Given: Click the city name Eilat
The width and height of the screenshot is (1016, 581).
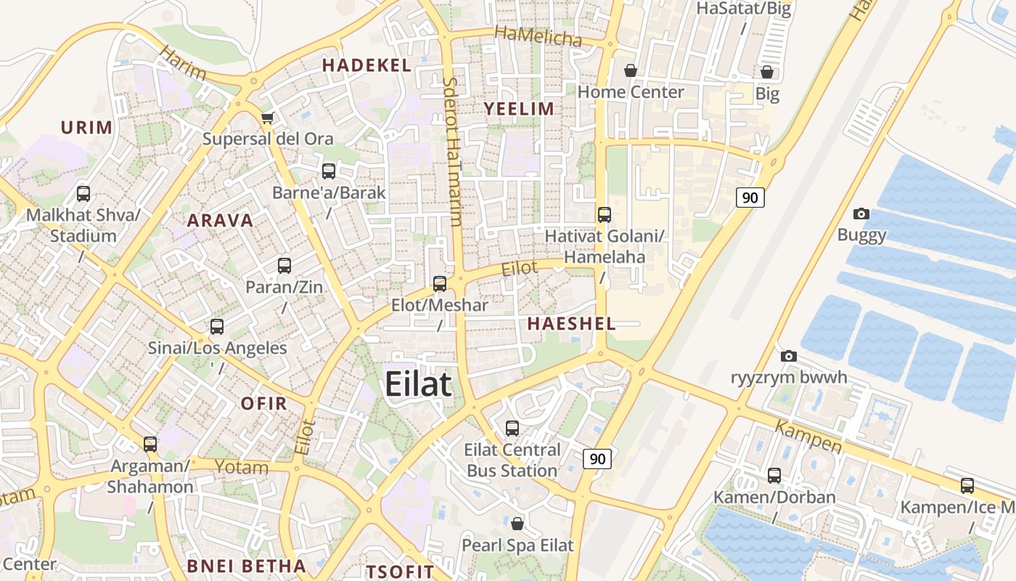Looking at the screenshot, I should (x=418, y=383).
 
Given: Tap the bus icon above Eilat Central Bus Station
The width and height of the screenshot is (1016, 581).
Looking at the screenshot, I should (x=512, y=428).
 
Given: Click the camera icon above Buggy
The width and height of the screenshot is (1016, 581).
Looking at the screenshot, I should (x=861, y=214).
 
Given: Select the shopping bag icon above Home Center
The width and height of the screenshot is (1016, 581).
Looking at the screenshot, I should (x=631, y=70).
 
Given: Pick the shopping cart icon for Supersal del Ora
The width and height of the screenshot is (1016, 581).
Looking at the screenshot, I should (x=267, y=118).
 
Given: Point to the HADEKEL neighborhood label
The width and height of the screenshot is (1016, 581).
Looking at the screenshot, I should (x=366, y=65).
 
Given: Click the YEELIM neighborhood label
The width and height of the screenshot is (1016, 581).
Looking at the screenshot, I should (x=519, y=109).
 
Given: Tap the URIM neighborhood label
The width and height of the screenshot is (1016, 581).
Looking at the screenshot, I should (x=86, y=128).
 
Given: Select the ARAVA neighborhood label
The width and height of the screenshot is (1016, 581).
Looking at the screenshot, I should (x=221, y=221).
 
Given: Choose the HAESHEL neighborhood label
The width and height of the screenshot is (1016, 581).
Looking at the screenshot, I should (x=571, y=324).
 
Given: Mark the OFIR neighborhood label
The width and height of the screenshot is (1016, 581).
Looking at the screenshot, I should (x=263, y=404).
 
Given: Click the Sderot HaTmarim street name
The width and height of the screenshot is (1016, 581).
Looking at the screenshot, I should (x=452, y=152).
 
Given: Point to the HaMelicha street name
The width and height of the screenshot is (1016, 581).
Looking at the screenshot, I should (x=538, y=36).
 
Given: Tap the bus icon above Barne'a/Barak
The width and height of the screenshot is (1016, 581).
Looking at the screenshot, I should (x=329, y=171).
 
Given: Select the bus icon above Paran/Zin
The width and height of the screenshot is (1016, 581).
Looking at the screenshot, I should (x=284, y=266).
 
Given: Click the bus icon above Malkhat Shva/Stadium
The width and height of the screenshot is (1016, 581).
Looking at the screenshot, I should (x=83, y=194).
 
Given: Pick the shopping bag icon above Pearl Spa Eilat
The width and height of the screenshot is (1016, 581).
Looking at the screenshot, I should (x=517, y=524).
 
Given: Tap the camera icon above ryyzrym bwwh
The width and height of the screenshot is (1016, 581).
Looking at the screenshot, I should (x=789, y=356).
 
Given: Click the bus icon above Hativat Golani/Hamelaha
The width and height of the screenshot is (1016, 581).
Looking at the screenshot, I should (x=605, y=215).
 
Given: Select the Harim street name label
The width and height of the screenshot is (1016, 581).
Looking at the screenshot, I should (x=182, y=63).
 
